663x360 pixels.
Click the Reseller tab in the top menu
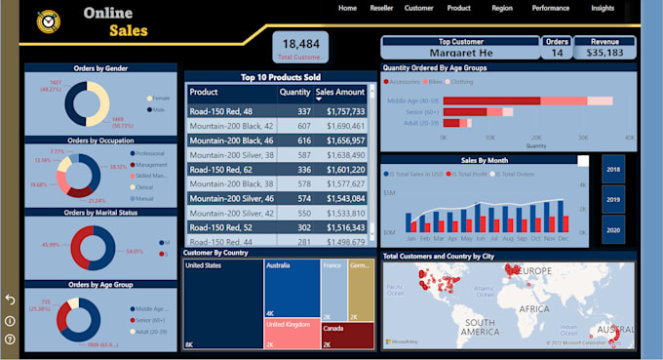(x=381, y=8)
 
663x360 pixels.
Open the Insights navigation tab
(x=603, y=8)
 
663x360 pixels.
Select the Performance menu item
(x=550, y=8)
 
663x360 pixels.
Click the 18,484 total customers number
(x=300, y=44)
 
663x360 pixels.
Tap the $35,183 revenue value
(x=604, y=53)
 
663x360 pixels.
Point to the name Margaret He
(x=459, y=53)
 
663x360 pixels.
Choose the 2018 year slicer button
(x=613, y=169)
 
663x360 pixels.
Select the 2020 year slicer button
(x=613, y=231)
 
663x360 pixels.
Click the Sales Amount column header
(x=339, y=93)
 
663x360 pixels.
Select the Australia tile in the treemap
(x=292, y=288)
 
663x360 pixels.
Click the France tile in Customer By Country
(x=333, y=288)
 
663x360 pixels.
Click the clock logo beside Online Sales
(x=46, y=21)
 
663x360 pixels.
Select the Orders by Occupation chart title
(x=100, y=140)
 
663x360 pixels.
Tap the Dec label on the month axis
(x=562, y=237)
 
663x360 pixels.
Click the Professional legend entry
(x=150, y=154)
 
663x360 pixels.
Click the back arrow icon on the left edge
(x=10, y=300)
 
